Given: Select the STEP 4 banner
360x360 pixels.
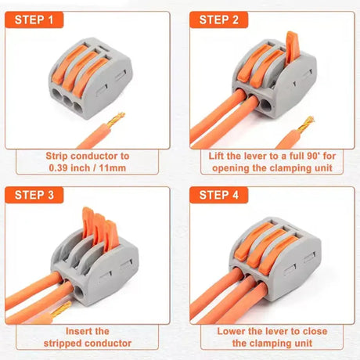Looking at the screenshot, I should [x=222, y=195].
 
